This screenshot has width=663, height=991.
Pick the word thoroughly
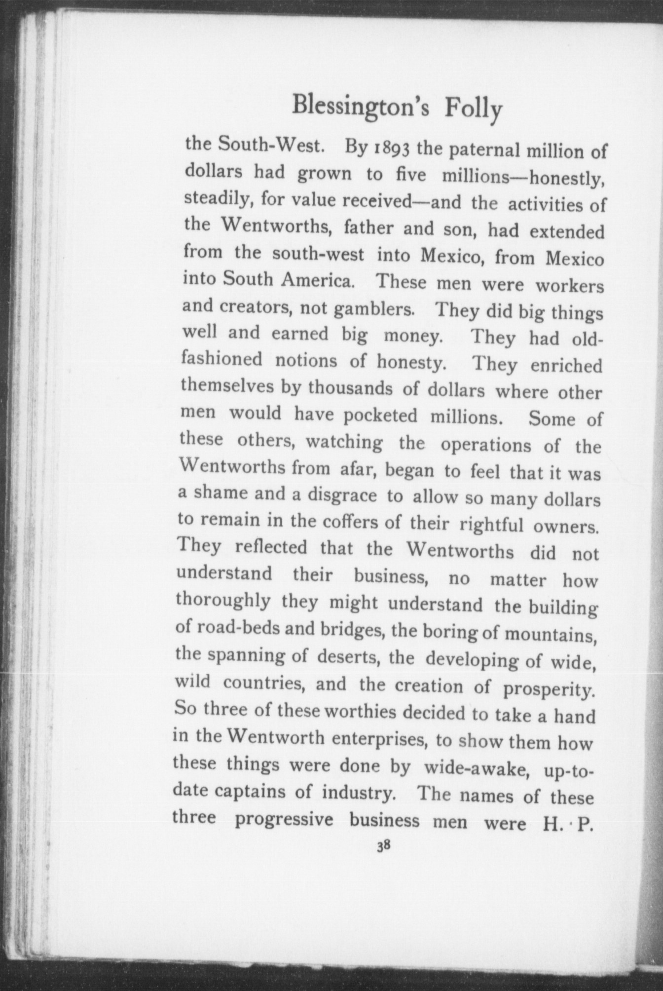223,601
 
